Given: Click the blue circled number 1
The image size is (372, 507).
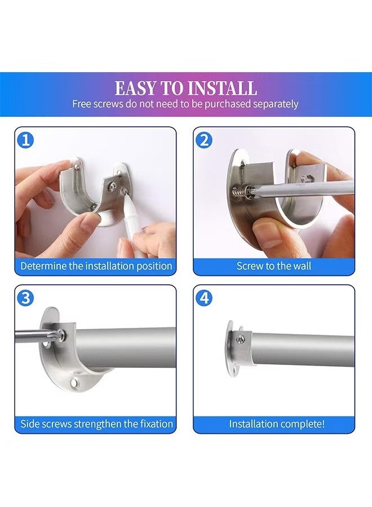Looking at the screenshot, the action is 25,140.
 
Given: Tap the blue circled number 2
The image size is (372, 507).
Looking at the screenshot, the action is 205,140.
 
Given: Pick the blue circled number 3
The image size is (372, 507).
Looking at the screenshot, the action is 25,298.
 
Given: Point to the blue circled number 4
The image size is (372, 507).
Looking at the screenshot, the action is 205,298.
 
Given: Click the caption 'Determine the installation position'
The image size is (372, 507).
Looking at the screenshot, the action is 96,266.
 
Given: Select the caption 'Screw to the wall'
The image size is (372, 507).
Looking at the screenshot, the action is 274,266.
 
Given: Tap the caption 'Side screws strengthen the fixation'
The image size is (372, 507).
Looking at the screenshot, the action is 96,424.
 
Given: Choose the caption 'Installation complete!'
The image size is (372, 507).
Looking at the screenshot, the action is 277,424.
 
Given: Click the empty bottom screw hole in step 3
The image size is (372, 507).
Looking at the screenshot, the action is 75,384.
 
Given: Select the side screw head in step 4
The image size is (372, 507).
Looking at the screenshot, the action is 240,339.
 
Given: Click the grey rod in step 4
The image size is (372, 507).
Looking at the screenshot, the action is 303,350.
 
